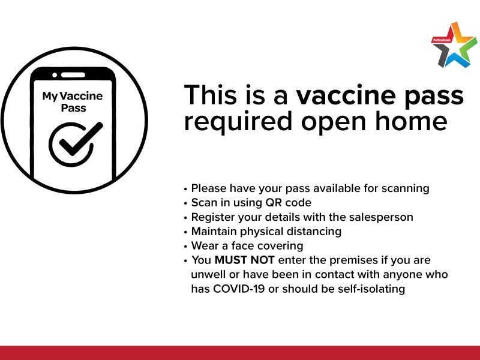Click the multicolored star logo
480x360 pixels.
tap(454, 44)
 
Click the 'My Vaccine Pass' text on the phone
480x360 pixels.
tap(73, 102)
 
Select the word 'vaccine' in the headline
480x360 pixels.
tap(346, 95)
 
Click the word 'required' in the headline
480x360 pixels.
tap(238, 123)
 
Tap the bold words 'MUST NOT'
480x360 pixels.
tap(244, 260)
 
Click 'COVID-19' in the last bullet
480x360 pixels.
tap(239, 289)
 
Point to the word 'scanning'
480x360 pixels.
tap(406, 189)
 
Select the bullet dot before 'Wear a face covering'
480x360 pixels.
tap(185, 247)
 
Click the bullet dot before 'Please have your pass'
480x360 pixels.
tap(185, 189)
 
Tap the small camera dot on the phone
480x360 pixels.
tap(55, 75)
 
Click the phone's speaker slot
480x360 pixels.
tap(73, 75)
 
